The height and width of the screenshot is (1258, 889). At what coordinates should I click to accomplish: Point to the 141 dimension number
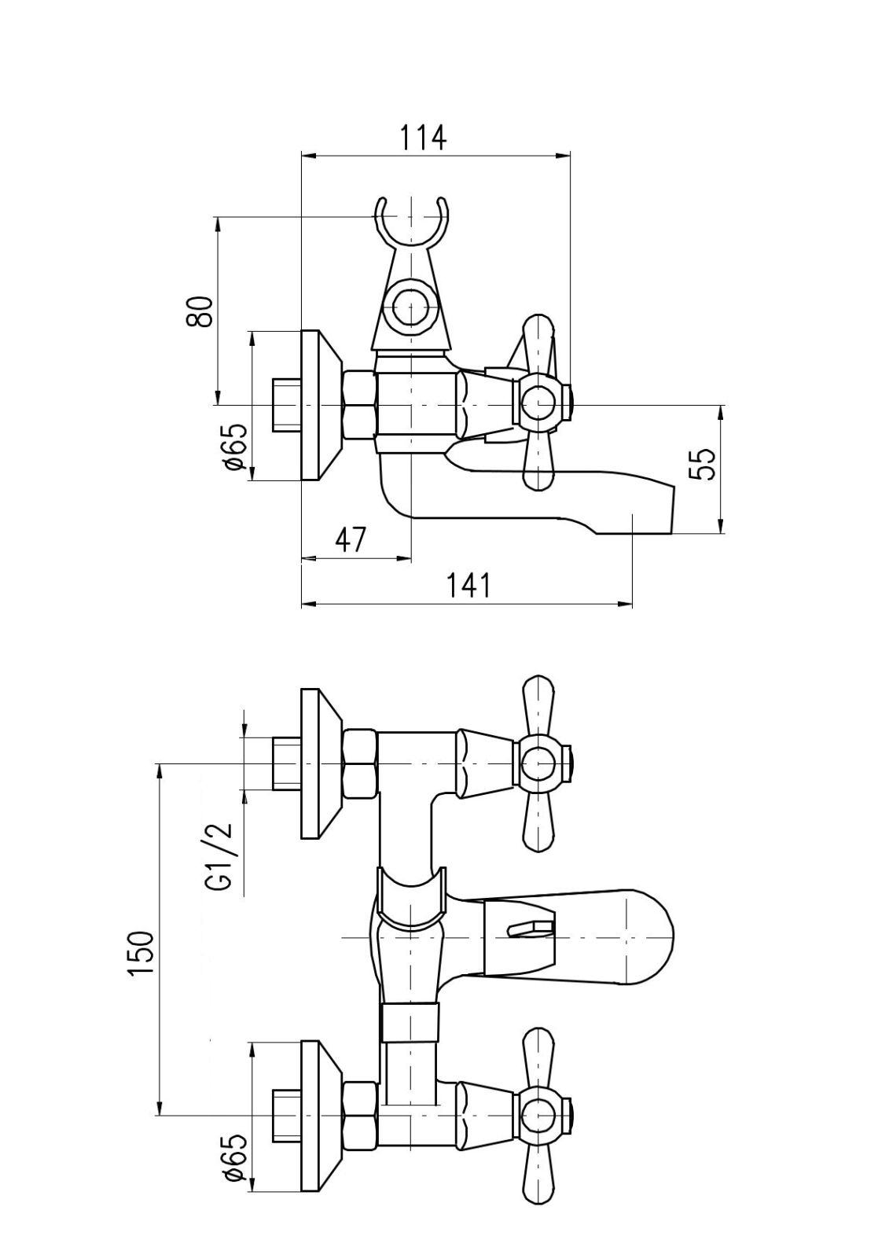pyautogui.click(x=468, y=585)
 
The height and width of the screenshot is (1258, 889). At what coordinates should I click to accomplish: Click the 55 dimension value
pyautogui.click(x=702, y=463)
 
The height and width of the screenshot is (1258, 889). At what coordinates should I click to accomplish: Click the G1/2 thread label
pyautogui.click(x=220, y=858)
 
